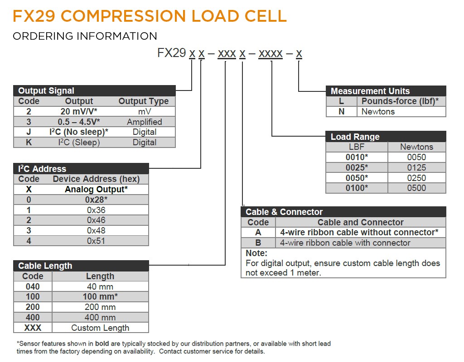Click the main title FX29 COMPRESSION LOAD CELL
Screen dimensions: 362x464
[150, 16]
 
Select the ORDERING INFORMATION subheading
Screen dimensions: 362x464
[85, 36]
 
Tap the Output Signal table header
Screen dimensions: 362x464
[46, 90]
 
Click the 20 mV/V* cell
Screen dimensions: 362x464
[79, 111]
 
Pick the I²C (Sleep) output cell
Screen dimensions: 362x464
[79, 142]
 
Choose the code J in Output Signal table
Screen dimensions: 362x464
[29, 132]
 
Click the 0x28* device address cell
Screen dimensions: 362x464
[96, 200]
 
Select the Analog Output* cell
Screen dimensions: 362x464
[96, 189]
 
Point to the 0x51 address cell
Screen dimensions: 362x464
[96, 241]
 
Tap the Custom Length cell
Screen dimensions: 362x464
[100, 328]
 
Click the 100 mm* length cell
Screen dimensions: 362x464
[100, 296]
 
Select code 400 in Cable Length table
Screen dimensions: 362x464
[33, 317]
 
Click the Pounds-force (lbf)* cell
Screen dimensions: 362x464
[400, 101]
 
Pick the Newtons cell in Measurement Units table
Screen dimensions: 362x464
[378, 111]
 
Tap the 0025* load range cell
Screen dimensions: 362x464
[357, 167]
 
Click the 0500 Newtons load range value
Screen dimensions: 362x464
[416, 188]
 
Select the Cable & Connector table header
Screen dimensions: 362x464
[284, 212]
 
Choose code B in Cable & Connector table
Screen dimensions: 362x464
[258, 243]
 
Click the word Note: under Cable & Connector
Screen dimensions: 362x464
[256, 253]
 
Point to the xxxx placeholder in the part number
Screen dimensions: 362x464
[271, 53]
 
